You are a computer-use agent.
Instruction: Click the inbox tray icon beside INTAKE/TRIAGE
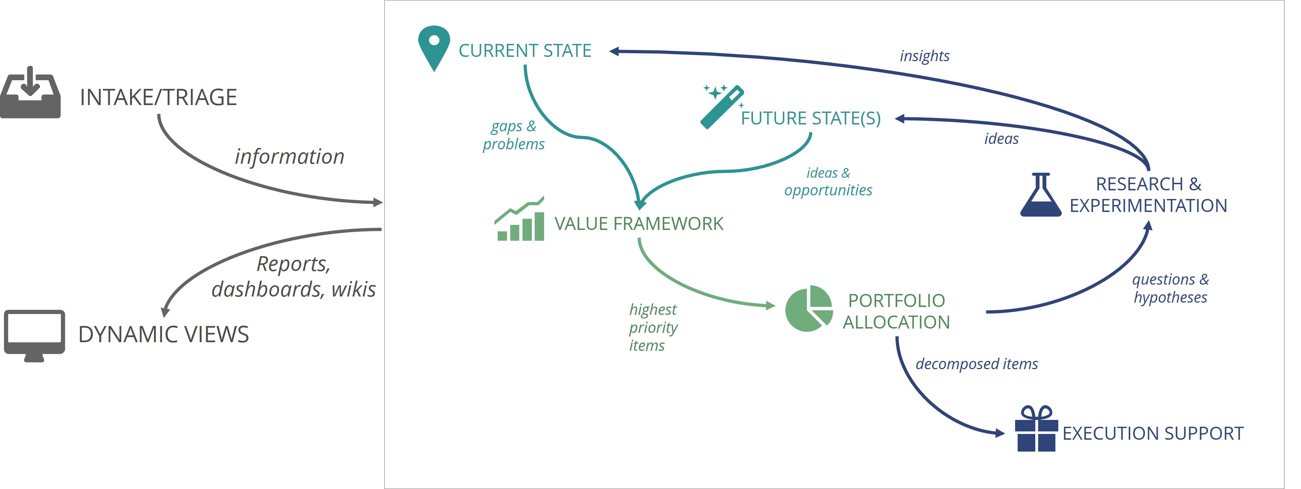(30, 94)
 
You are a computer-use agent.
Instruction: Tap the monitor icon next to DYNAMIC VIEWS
(35, 334)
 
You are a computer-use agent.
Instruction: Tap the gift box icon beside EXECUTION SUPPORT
(1036, 429)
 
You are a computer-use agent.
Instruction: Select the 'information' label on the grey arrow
(289, 157)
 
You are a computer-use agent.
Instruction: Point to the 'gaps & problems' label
(513, 135)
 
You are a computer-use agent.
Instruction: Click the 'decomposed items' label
(976, 364)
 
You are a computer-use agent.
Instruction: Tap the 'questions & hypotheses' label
(1170, 288)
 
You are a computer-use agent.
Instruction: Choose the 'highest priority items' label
(653, 327)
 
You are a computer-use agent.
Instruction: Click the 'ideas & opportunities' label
(828, 181)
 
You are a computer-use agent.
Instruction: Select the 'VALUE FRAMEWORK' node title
(639, 224)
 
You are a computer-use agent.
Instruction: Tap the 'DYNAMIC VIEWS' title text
(164, 334)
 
